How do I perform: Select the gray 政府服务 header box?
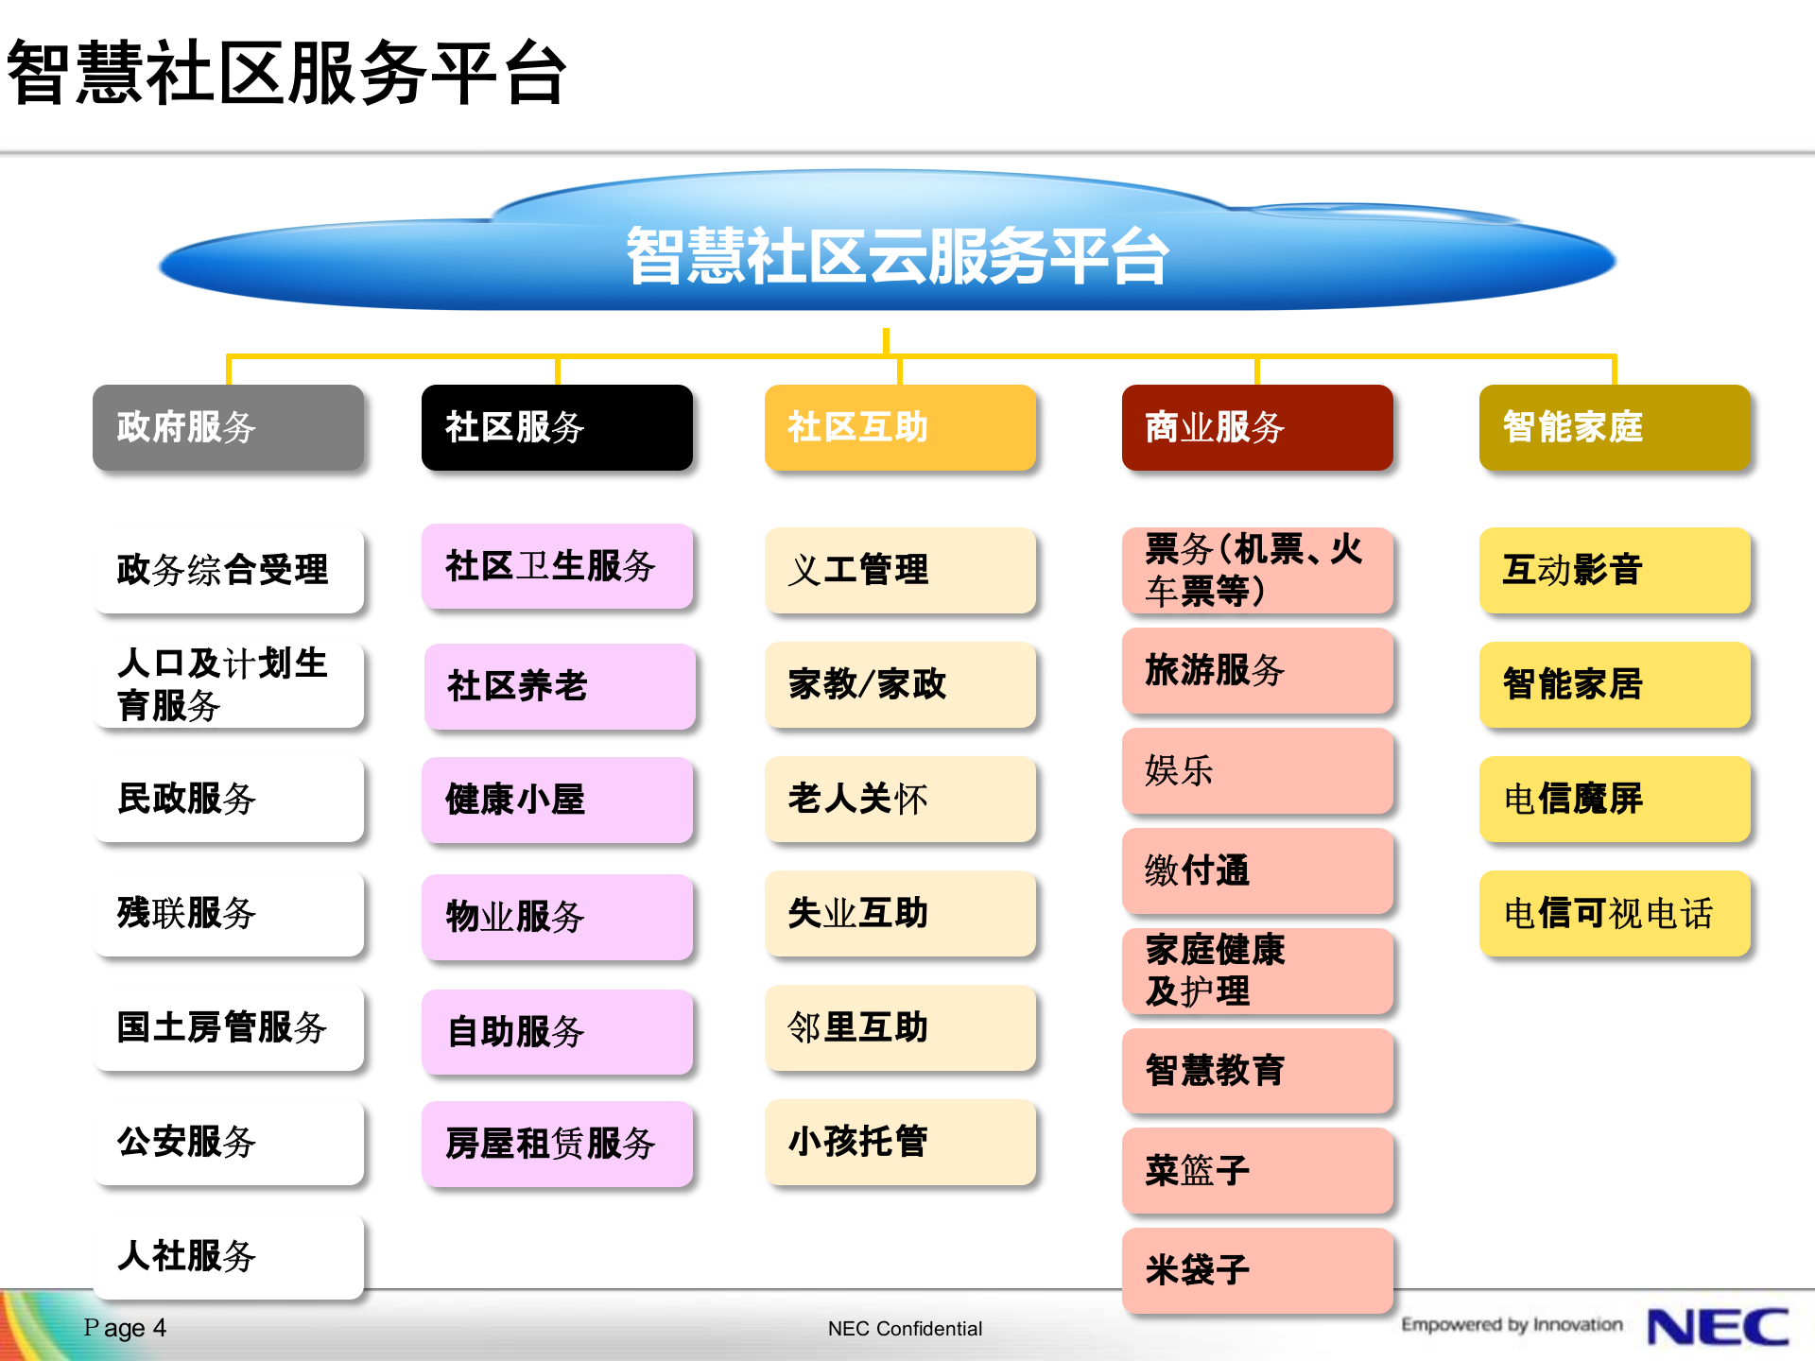[x=228, y=427]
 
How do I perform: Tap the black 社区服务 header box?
[x=557, y=427]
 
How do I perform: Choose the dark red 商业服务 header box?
[x=1257, y=427]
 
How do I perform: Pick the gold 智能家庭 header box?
[x=1615, y=427]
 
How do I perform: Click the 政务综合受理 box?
[x=228, y=570]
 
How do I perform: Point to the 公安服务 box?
[x=228, y=1142]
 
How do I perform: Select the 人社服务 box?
[x=228, y=1256]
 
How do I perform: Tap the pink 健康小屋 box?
[x=557, y=800]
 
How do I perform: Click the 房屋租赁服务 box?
[x=557, y=1144]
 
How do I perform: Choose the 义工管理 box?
[x=900, y=570]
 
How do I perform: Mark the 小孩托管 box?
[x=900, y=1142]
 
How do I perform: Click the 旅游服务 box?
[x=1257, y=670]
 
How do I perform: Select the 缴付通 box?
[x=1257, y=870]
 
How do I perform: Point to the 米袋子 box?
[x=1257, y=1270]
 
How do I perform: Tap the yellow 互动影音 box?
[x=1615, y=570]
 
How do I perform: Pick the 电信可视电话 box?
[x=1615, y=913]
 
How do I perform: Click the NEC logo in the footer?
[x=1718, y=1327]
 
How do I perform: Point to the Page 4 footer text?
[x=125, y=1328]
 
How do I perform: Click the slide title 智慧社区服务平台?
[x=286, y=73]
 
